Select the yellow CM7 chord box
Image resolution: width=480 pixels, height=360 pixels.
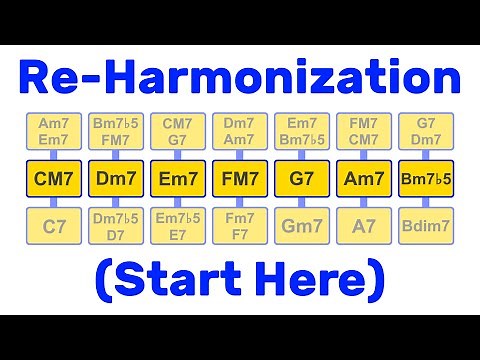coord(55,180)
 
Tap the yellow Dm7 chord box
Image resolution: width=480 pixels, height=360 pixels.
coord(117,180)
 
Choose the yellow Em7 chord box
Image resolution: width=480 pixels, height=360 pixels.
coord(179,180)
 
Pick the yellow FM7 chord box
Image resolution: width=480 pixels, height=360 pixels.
coord(241,180)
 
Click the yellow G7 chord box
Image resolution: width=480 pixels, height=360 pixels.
coord(303,180)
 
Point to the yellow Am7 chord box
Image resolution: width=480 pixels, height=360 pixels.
coord(364,180)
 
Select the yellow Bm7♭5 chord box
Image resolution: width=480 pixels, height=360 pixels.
coord(426,180)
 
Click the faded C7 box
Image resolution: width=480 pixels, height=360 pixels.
coord(55,229)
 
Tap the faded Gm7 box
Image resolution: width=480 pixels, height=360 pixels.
coord(303,229)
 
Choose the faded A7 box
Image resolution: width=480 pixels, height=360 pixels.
coord(364,229)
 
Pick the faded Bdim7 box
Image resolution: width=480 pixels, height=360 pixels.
coord(426,229)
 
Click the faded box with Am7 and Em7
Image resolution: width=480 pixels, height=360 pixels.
coord(55,131)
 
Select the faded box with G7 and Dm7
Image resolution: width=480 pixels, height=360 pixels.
coord(426,131)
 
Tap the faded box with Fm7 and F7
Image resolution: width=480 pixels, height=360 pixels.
coord(241,229)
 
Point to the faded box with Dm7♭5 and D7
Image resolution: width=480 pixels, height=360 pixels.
coord(117,229)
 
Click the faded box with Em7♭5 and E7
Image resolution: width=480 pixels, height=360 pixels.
coord(179,229)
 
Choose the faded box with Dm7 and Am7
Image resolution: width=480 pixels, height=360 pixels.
coord(241,131)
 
